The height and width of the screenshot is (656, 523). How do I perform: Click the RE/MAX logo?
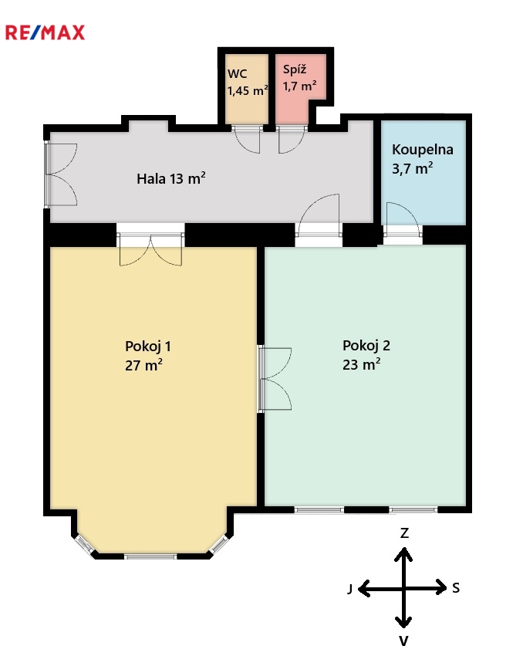[45, 32]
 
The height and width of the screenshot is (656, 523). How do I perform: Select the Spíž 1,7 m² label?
[299, 78]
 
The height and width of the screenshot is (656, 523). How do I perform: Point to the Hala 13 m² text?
[171, 178]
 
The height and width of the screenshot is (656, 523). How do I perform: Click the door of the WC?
[246, 140]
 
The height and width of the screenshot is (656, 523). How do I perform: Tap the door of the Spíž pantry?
[292, 140]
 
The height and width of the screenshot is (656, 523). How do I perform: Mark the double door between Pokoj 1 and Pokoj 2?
[275, 379]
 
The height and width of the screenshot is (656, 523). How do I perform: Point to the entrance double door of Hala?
[61, 174]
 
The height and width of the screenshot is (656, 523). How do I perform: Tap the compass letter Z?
[404, 533]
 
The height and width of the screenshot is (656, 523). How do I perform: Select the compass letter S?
[456, 588]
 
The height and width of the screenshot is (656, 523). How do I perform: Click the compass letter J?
[350, 589]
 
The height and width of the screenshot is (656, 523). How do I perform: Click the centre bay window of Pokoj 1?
[150, 556]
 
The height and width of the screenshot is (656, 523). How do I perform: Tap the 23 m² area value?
[362, 364]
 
